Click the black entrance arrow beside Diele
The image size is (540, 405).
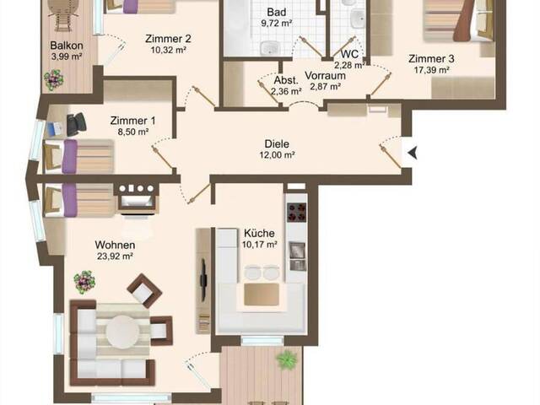coord(413,152)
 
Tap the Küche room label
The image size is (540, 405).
coord(259,233)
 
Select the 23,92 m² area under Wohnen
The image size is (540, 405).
coord(115,256)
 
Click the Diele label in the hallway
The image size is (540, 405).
coord(277,144)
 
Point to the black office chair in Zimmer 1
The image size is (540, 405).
coord(76,124)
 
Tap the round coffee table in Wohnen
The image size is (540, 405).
coord(122,332)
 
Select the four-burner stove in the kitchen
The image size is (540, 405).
coord(296,212)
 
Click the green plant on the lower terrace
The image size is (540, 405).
coord(287,360)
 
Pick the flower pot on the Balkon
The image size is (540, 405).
coord(54,80)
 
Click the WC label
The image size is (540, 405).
coord(349,54)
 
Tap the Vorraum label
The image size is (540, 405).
coord(325,75)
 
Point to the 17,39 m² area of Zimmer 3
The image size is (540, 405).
coord(431,70)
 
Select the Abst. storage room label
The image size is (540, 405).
coord(286,81)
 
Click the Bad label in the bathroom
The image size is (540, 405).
coord(277,13)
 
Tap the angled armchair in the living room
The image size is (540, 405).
coord(144,290)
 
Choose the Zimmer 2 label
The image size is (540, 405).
coord(168,39)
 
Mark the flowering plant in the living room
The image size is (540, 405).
coord(84,282)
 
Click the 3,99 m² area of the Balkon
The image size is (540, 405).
coord(67,57)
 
